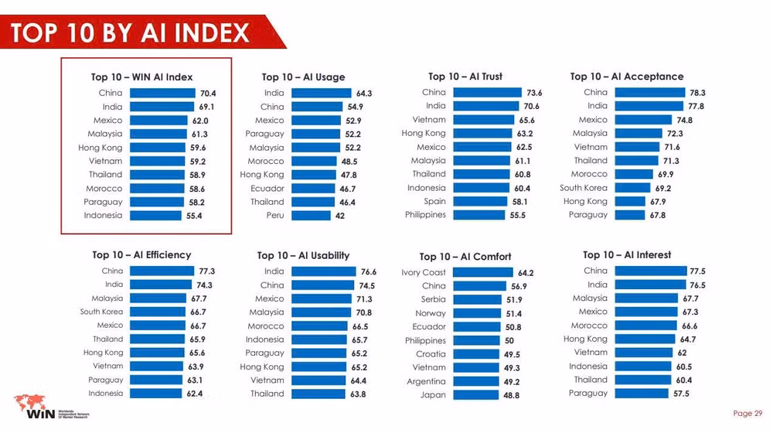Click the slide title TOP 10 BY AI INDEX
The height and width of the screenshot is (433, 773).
(x=130, y=33)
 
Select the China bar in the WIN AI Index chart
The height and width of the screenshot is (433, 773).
(x=162, y=93)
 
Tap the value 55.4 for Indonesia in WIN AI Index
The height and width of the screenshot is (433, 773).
(x=193, y=216)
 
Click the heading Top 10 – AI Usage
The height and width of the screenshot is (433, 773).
(x=303, y=77)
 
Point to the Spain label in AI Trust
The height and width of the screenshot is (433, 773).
(x=434, y=201)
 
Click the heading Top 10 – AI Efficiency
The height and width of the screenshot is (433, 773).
(x=141, y=255)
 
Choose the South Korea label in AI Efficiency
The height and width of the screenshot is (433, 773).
(x=101, y=312)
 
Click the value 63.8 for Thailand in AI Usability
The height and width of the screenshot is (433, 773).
(x=358, y=394)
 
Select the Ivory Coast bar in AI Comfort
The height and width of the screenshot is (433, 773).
(x=483, y=272)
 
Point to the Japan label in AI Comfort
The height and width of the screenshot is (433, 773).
(x=434, y=395)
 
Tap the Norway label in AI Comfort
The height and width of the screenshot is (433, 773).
(x=431, y=313)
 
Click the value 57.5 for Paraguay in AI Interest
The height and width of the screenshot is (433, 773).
(x=680, y=394)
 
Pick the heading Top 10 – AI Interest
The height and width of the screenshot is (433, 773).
(x=627, y=255)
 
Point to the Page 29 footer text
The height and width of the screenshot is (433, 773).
(x=747, y=413)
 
